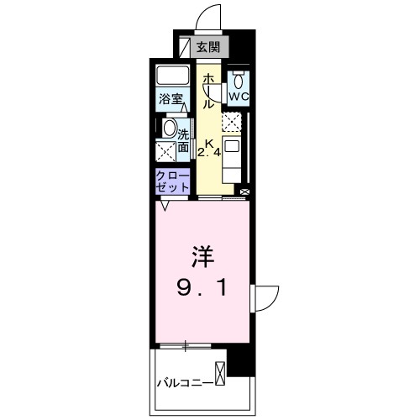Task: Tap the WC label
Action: [x=239, y=97]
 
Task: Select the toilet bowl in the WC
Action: [x=239, y=81]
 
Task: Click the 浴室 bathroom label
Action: [x=171, y=99]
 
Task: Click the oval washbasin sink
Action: [x=169, y=129]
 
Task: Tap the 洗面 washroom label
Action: [x=183, y=139]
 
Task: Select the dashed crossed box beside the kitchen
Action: [x=230, y=123]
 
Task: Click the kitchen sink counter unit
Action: [x=232, y=156]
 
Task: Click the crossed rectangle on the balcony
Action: [x=221, y=372]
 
